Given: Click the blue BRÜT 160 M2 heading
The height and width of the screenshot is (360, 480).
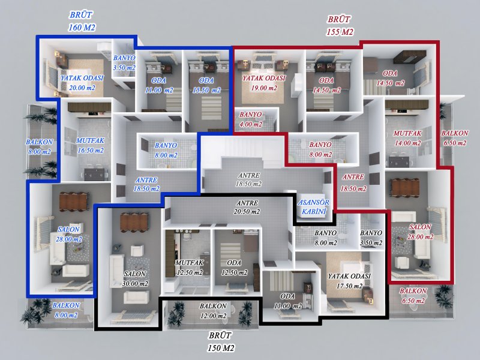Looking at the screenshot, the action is (82, 21).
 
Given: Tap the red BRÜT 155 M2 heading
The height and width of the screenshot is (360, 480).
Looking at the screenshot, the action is (340, 25).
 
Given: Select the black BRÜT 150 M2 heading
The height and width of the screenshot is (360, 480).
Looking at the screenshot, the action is (220, 341).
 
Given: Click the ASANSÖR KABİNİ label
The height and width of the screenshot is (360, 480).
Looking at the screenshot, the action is (313, 206).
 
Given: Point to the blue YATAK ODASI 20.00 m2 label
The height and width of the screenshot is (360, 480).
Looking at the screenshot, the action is (82, 83).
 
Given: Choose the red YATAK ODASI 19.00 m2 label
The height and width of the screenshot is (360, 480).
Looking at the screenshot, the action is (264, 83).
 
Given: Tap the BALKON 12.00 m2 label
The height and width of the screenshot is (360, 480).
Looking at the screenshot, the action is (213, 311).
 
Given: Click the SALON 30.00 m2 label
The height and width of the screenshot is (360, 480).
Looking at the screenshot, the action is (135, 278).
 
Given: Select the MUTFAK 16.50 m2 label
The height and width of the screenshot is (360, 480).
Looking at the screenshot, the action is (91, 145).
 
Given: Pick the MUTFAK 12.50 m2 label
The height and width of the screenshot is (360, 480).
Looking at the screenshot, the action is (190, 268).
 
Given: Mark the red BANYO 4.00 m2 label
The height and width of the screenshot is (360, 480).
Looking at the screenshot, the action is (251, 119).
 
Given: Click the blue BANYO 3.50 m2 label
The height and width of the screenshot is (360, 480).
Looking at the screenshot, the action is (124, 63).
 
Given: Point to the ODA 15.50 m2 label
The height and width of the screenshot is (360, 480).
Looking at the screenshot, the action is (206, 85).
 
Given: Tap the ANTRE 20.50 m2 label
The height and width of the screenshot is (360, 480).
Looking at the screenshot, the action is (247, 207).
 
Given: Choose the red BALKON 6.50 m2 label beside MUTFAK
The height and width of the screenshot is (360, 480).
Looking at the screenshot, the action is (455, 138).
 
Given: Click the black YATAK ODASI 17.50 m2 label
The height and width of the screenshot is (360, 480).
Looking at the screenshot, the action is (349, 281).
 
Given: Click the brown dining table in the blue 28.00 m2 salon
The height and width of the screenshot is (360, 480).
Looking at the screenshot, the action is (74, 202).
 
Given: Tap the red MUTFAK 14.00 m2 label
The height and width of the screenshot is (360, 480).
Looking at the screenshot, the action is (407, 138).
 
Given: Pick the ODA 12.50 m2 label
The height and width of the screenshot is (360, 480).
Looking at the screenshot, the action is (234, 268).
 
